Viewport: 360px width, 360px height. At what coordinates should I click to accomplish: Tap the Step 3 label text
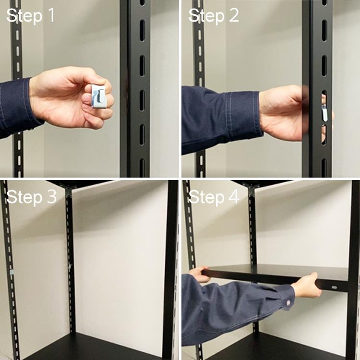(x=31, y=197)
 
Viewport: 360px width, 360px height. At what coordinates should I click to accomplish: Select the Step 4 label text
(x=214, y=197)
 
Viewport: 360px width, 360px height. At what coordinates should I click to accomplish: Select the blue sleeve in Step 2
(x=221, y=118)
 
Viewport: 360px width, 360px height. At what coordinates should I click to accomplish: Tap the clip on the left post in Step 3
(x=11, y=272)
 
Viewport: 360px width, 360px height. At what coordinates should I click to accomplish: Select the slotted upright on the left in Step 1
(x=17, y=58)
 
